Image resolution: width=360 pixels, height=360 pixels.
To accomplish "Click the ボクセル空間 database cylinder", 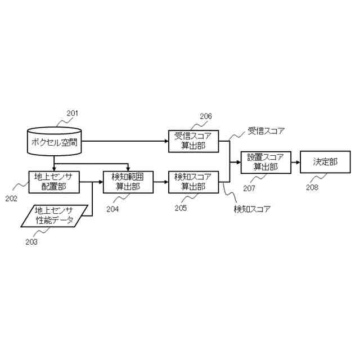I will click(x=54, y=141).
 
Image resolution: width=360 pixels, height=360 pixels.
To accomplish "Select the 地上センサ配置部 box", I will click(x=54, y=182).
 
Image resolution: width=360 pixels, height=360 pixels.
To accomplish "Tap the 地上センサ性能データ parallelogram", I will click(x=55, y=215).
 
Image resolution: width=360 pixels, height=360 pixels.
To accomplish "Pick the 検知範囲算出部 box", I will click(x=128, y=182).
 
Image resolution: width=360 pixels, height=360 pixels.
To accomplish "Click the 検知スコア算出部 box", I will click(x=193, y=182).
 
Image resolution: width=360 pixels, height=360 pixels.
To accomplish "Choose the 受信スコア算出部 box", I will click(x=193, y=141).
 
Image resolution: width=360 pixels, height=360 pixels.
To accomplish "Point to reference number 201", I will click(x=72, y=113).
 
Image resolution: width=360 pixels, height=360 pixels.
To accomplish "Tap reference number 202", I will click(x=12, y=198).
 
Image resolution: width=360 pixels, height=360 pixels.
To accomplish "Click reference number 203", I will click(x=31, y=241).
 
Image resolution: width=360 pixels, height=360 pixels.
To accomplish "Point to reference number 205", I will click(x=181, y=208).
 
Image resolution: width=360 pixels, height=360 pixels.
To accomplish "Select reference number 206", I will click(x=205, y=116).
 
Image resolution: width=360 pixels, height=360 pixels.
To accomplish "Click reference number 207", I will click(x=250, y=188).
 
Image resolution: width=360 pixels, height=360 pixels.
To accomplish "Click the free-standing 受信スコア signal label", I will click(x=267, y=131).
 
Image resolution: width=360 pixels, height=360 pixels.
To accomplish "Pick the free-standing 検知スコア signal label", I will click(x=252, y=209).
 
